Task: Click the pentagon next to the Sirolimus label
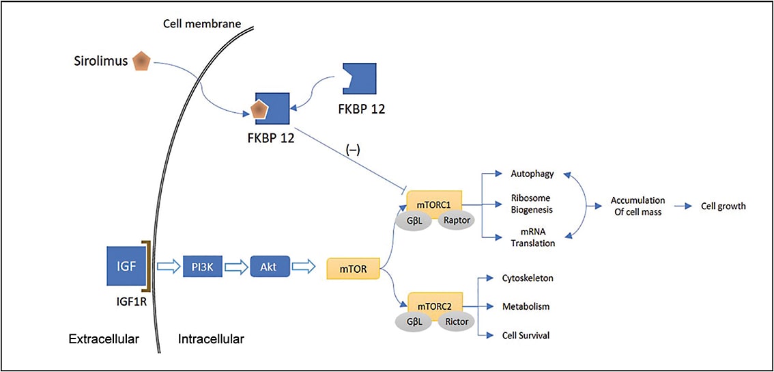tap(141, 61)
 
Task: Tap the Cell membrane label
tap(202, 24)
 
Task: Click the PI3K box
tap(203, 265)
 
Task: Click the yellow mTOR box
tap(353, 269)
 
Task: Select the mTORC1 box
tap(434, 204)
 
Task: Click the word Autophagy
tap(532, 174)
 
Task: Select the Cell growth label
tap(723, 206)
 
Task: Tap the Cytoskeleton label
tap(528, 278)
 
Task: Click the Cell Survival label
tap(526, 335)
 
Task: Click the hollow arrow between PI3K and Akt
tap(235, 265)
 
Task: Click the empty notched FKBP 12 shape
tap(358, 82)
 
